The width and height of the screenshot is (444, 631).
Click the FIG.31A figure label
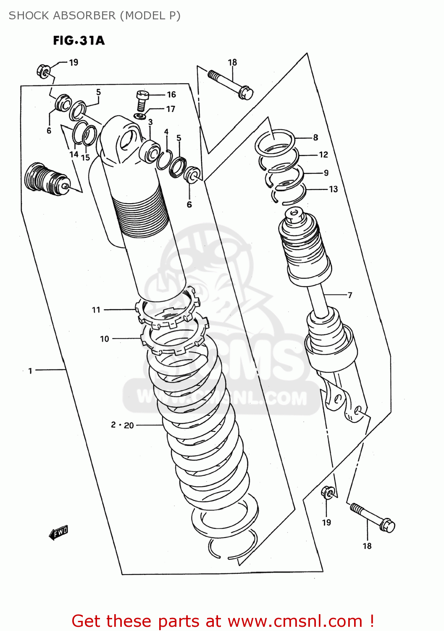[x=79, y=40]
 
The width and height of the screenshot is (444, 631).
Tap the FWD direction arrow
[x=58, y=533]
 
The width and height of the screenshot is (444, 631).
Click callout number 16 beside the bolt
[x=171, y=95]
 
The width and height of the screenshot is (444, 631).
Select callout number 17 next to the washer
[x=171, y=109]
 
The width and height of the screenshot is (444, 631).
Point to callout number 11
[x=96, y=310]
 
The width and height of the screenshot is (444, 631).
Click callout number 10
[x=105, y=339]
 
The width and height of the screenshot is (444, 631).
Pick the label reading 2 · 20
[x=122, y=425]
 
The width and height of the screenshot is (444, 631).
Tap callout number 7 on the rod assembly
[x=350, y=295]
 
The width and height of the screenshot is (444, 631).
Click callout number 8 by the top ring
[x=315, y=138]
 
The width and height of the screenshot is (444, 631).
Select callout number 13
[x=334, y=189]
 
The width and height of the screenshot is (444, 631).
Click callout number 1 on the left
[x=30, y=371]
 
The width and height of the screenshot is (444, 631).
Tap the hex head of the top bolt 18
[x=246, y=93]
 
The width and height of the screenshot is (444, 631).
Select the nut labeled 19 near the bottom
[x=328, y=492]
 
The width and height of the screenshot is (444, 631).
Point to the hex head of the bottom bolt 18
[x=387, y=526]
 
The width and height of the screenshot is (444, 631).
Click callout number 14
[x=74, y=154]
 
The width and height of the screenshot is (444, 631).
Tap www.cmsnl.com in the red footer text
[x=295, y=621]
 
